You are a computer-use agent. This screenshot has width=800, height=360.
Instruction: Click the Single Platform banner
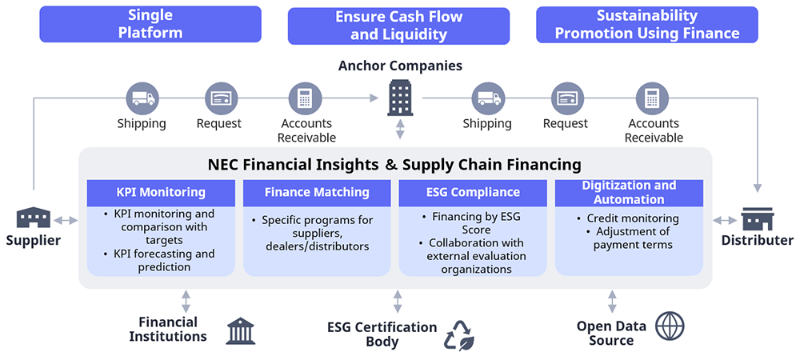coord(150,24)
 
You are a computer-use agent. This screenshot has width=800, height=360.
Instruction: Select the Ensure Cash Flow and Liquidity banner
coord(398,26)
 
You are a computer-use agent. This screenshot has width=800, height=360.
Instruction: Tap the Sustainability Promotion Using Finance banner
coord(646,24)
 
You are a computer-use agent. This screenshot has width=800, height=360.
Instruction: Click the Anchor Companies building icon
coord(400,98)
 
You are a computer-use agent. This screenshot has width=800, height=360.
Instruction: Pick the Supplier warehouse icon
coord(34,218)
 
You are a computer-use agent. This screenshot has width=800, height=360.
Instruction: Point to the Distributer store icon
coord(757,218)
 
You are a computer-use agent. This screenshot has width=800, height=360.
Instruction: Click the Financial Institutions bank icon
coord(241,330)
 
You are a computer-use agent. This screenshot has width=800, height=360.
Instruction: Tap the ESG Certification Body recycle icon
coord(459,335)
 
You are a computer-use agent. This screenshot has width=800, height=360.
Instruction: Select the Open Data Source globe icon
coord(670,326)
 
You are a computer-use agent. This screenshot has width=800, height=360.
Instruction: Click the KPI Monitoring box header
coord(161,192)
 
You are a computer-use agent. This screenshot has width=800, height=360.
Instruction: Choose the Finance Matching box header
coord(317,192)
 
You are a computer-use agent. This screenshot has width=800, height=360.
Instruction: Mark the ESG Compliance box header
coord(473,192)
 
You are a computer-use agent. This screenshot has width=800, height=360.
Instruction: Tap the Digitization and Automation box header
coord(629,192)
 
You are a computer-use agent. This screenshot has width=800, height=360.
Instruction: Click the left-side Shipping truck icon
coord(142,98)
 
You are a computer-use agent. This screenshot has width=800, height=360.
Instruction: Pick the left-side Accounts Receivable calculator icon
coord(305,98)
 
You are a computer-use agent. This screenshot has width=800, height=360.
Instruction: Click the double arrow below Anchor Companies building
coord(400,129)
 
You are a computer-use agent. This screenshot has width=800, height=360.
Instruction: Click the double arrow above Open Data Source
coord(612,301)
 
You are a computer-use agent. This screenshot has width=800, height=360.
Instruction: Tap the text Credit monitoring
coord(632,218)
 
